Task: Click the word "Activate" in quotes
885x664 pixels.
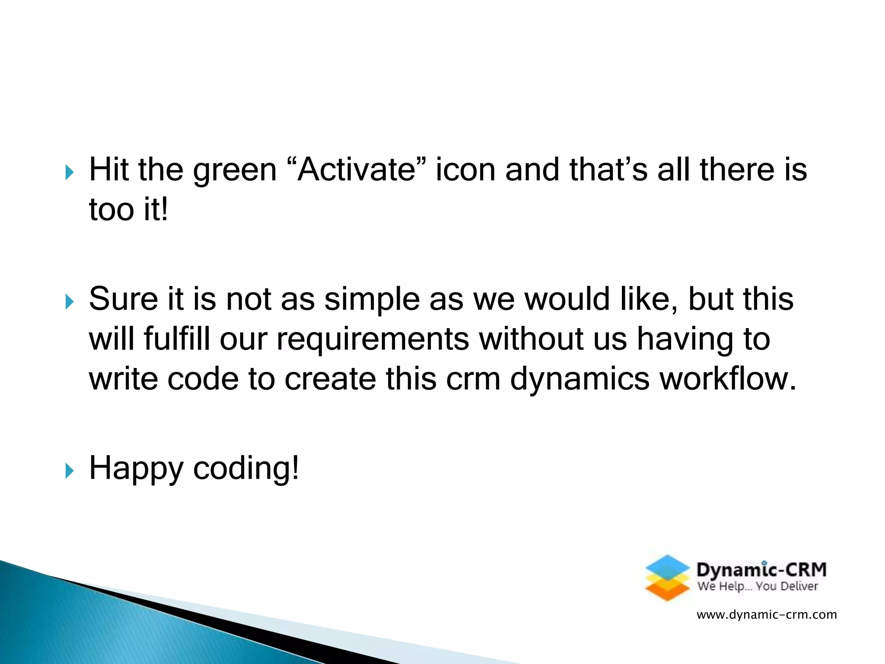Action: tap(357, 169)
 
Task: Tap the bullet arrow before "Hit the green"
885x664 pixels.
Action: tap(69, 172)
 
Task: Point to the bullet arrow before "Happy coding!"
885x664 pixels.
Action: tap(69, 471)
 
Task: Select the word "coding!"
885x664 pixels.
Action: tap(245, 468)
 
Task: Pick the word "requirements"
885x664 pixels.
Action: tap(372, 340)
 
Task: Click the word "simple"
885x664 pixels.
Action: tap(372, 300)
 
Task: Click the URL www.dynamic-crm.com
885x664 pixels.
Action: tap(766, 614)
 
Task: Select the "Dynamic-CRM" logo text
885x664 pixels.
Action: tap(761, 570)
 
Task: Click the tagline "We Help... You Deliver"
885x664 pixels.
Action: tap(758, 586)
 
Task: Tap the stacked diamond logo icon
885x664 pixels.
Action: tap(667, 578)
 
